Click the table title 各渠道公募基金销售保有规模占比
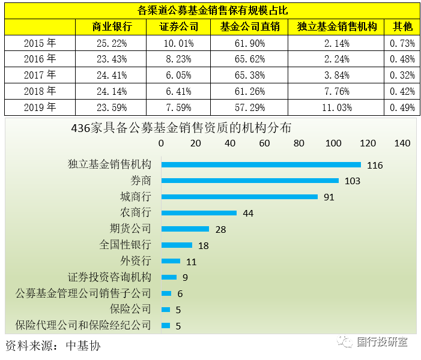[x=211, y=10]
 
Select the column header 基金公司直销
[x=250, y=27]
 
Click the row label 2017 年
[x=40, y=75]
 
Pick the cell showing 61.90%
[x=250, y=43]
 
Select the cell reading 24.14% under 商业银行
[x=112, y=91]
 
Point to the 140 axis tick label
[x=402, y=143]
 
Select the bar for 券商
[x=250, y=181]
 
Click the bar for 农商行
[x=199, y=213]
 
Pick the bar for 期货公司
[x=185, y=229]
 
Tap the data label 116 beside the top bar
[x=375, y=166]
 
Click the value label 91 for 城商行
[x=329, y=197]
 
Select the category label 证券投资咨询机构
[x=109, y=277]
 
